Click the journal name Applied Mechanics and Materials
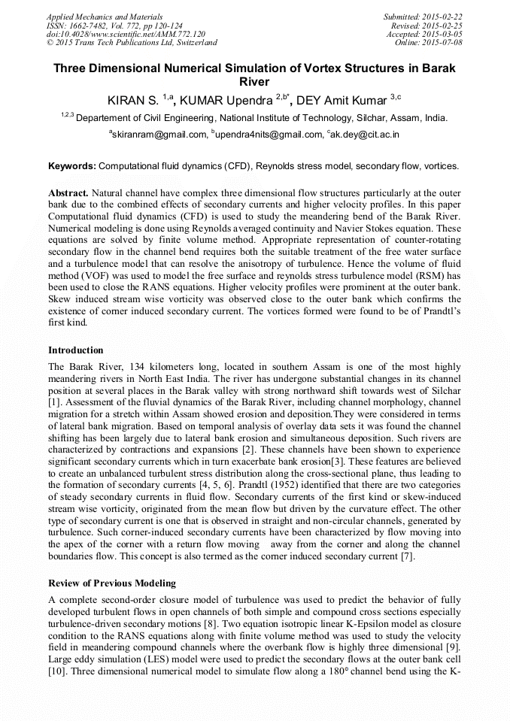(96, 16)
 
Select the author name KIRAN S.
(134, 100)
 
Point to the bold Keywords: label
(72, 165)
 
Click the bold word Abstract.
(69, 193)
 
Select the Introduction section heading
(76, 350)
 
